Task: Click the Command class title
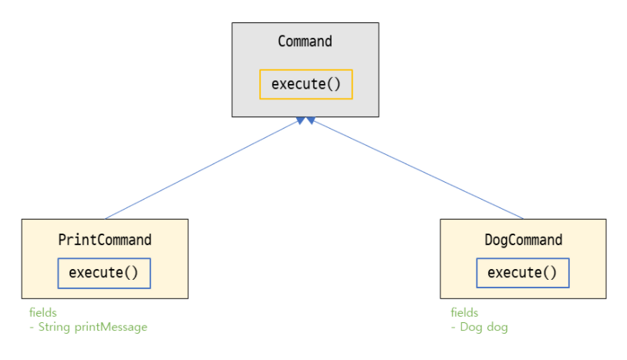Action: tap(305, 42)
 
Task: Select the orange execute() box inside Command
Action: tap(305, 84)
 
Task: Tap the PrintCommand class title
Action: tap(105, 240)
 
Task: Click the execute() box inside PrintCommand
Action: tap(104, 273)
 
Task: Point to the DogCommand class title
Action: tap(523, 240)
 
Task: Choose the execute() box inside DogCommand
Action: tap(522, 273)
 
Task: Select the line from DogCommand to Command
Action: tap(416, 170)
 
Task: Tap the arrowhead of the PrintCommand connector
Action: tap(299, 120)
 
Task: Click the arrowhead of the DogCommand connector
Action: tap(310, 120)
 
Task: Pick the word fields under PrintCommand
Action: tap(43, 313)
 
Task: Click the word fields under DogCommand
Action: tap(464, 313)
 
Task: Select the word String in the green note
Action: tap(56, 327)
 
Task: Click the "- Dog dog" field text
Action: tap(479, 327)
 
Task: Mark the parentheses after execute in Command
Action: tap(332, 84)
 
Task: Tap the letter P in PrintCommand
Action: tap(62, 240)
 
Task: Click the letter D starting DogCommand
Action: tap(488, 240)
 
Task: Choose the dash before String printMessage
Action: tap(32, 327)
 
